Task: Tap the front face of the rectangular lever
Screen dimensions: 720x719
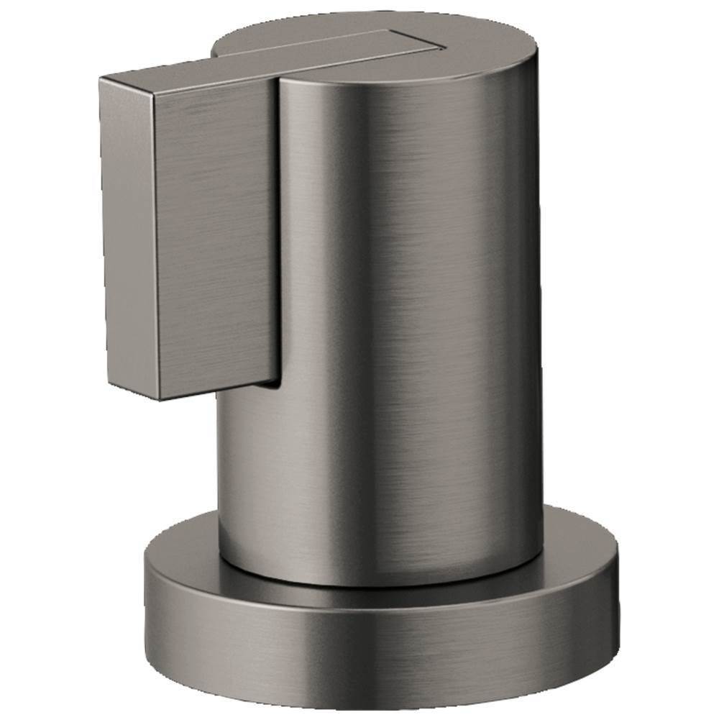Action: click(216, 237)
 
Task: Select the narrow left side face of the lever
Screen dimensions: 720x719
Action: click(129, 230)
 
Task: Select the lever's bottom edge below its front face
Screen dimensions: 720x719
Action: click(216, 392)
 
